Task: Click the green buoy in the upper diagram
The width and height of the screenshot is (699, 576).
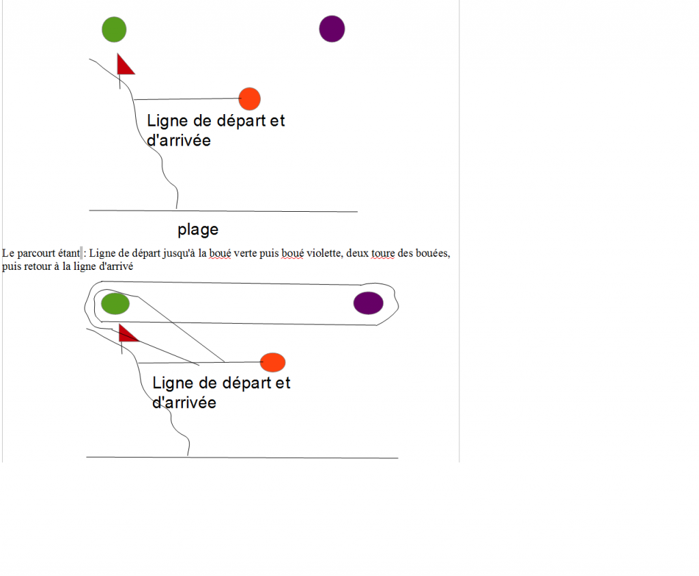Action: pyautogui.click(x=114, y=29)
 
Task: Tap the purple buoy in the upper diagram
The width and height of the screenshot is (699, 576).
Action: pyautogui.click(x=332, y=29)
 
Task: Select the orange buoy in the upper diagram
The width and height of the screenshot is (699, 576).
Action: pyautogui.click(x=250, y=98)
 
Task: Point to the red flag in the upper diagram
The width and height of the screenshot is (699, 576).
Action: pyautogui.click(x=125, y=65)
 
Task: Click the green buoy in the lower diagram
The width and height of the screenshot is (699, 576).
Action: pyautogui.click(x=115, y=304)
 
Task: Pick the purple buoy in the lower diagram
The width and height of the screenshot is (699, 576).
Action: pyautogui.click(x=368, y=303)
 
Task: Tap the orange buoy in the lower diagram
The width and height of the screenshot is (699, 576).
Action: pyautogui.click(x=273, y=362)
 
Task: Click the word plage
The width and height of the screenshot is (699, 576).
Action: pyautogui.click(x=198, y=230)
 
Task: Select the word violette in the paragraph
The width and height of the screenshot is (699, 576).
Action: pyautogui.click(x=324, y=253)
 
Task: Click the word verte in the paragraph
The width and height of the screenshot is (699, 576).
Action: pyautogui.click(x=245, y=253)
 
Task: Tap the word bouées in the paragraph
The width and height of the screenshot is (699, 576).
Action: pyautogui.click(x=432, y=253)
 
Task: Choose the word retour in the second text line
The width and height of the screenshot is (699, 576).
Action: pyautogui.click(x=34, y=266)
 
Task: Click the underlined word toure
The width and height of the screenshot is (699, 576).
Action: pyautogui.click(x=383, y=253)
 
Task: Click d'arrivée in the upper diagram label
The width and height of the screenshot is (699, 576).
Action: pyautogui.click(x=179, y=140)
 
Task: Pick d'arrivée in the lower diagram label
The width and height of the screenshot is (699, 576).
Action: pyautogui.click(x=184, y=402)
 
